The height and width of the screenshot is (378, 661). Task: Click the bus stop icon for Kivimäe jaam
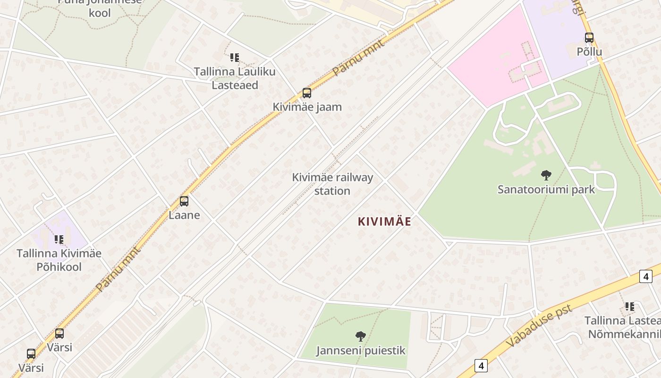coord(307,93)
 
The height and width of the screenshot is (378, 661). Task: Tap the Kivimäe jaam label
coord(307,107)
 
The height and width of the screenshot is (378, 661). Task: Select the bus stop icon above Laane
coord(184,201)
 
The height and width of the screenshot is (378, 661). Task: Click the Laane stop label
coord(184,215)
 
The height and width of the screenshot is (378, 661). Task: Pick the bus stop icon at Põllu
coord(589,38)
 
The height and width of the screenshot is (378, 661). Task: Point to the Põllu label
coord(589,51)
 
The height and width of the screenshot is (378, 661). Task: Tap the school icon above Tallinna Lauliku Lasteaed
coord(234,58)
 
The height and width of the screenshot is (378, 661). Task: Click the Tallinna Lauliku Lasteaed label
coord(235,78)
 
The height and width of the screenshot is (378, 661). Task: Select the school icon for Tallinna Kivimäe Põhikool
coord(59,240)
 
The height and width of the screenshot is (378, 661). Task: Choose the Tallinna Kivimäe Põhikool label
coord(59,260)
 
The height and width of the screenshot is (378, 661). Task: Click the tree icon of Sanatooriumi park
coord(546,175)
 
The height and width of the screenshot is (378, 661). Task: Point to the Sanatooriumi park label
coord(546,189)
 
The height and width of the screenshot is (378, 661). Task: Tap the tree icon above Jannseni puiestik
coord(361,336)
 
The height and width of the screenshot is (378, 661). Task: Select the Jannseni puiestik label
coord(361,351)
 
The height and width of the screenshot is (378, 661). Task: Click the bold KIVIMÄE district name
coord(384,221)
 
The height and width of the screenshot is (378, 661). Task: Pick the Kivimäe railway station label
coord(332,184)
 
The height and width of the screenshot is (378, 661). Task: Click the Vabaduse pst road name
coord(539,326)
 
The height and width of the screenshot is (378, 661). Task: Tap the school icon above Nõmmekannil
coord(630,307)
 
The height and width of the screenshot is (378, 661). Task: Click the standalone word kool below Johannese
coord(100,13)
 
